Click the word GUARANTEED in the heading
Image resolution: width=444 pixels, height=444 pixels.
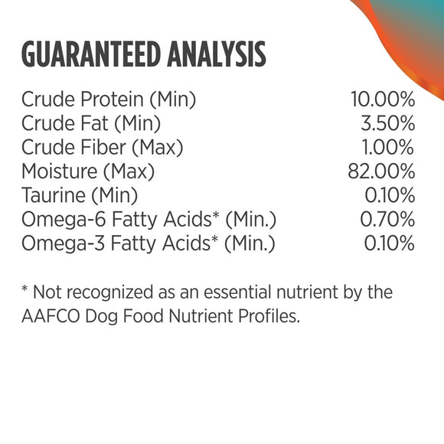(x=97, y=55)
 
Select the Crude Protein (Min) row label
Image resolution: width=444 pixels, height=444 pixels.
(x=109, y=99)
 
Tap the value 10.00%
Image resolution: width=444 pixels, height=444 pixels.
(x=382, y=99)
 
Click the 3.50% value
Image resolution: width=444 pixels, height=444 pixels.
(x=387, y=123)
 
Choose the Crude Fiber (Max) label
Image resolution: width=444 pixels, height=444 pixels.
(x=103, y=147)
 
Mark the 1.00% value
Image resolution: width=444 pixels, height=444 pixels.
(x=388, y=147)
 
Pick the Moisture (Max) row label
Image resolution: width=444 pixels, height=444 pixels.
(x=88, y=171)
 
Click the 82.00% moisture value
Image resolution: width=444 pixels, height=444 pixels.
(x=381, y=171)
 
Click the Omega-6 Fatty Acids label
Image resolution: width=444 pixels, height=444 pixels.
(x=149, y=220)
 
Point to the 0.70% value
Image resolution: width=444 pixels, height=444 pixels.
(x=387, y=220)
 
